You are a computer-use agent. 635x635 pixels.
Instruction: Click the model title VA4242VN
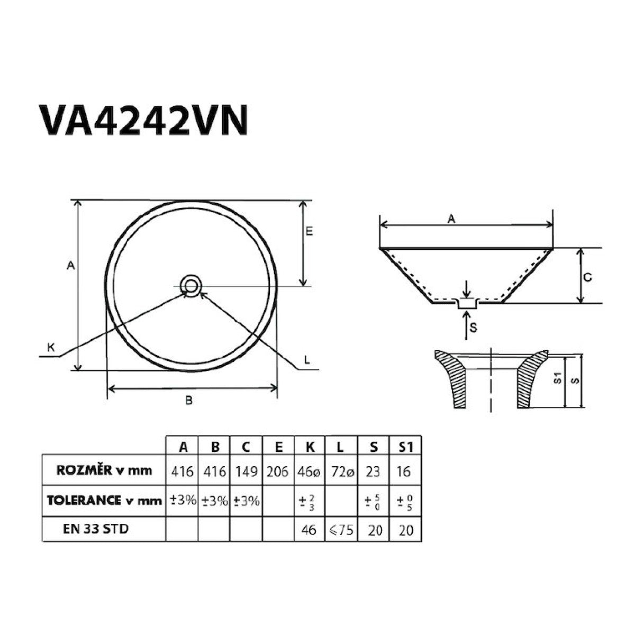(x=143, y=121)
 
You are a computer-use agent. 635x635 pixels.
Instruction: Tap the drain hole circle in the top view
(x=190, y=286)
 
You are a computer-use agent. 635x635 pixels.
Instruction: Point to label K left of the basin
(x=51, y=347)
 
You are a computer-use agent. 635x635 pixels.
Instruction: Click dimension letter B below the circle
(x=188, y=400)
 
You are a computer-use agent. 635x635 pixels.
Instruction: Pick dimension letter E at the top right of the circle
(x=310, y=231)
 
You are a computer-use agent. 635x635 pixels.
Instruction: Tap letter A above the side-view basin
(x=451, y=217)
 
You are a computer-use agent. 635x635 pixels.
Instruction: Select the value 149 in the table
(x=246, y=471)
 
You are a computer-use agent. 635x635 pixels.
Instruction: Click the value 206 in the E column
(x=278, y=471)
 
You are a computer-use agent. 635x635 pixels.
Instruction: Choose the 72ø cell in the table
(x=341, y=471)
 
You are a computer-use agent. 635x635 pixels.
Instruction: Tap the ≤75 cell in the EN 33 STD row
(x=341, y=529)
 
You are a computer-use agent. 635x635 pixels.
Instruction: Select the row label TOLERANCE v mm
(x=104, y=500)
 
